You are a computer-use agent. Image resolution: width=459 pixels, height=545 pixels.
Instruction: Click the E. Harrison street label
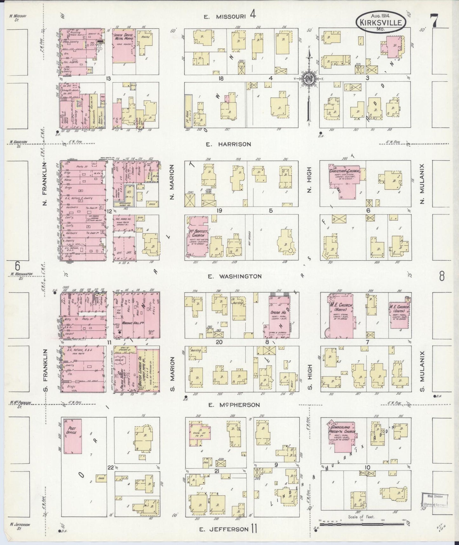click(228, 144)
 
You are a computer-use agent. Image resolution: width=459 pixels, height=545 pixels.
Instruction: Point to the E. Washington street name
click(235, 276)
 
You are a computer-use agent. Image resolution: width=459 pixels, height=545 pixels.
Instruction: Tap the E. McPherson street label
click(234, 405)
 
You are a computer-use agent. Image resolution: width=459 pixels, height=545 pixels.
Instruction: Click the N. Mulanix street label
click(422, 183)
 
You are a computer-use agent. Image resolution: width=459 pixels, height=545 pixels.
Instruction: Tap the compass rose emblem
click(308, 79)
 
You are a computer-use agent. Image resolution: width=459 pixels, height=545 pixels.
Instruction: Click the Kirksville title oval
click(381, 22)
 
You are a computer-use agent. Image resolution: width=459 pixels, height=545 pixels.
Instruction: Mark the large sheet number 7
click(434, 21)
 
